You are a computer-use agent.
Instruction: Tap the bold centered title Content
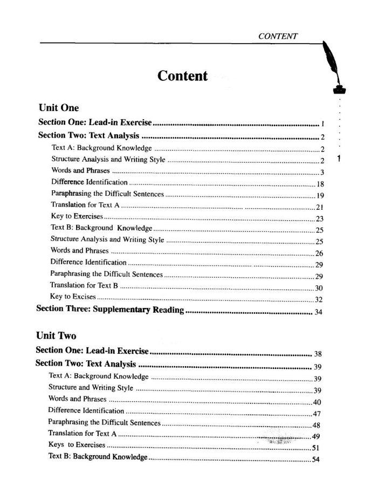point(182,76)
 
